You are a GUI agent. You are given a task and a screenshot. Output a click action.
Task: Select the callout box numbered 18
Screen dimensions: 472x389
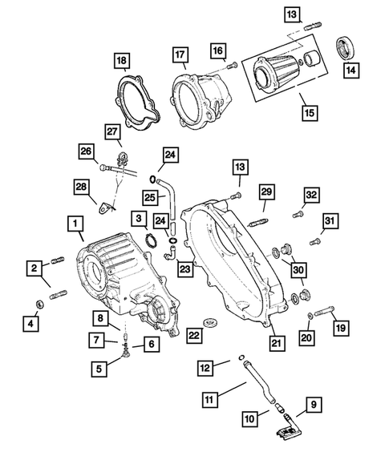click(x=120, y=61)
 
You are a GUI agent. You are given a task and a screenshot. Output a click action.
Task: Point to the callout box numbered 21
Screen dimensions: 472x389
click(x=277, y=344)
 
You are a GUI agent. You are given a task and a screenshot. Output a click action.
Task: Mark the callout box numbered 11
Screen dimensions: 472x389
click(x=210, y=398)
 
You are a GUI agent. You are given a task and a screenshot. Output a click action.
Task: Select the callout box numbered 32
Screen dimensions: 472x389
click(x=311, y=194)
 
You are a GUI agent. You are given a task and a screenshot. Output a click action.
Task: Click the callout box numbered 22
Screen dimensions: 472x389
click(x=192, y=334)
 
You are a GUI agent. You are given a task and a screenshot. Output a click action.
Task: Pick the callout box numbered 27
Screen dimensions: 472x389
click(x=111, y=131)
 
